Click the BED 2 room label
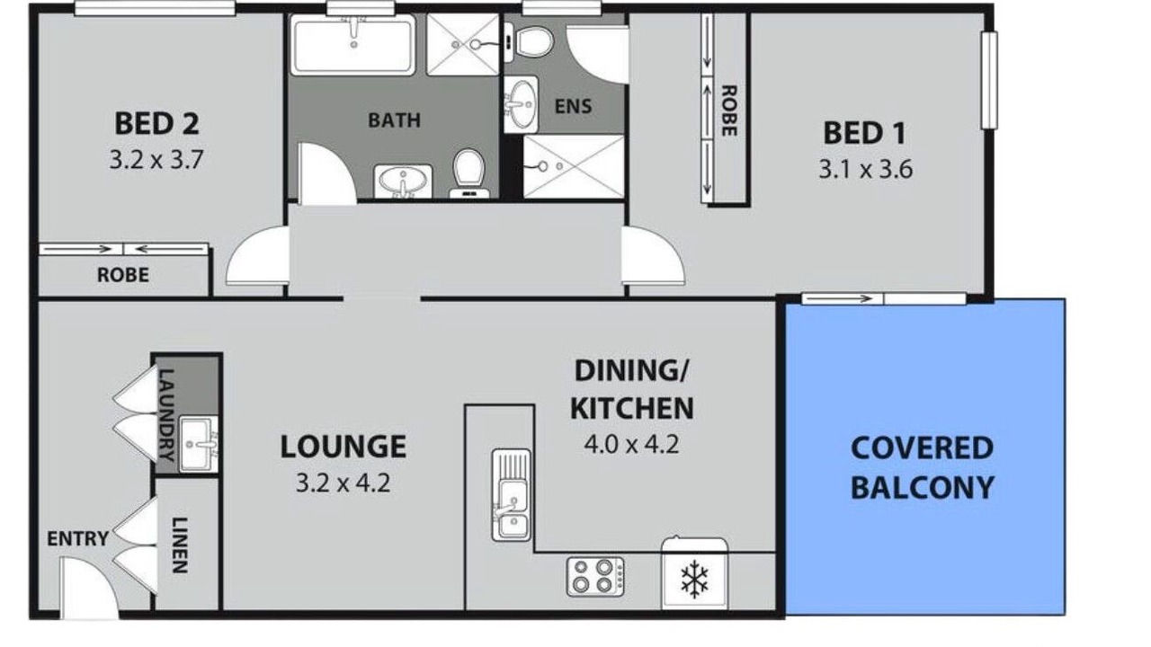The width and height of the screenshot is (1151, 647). coord(156,124)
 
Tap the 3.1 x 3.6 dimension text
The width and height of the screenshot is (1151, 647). coord(865,170)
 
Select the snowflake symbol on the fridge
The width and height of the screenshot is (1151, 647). coord(694,580)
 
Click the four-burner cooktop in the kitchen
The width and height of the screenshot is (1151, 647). coord(595,577)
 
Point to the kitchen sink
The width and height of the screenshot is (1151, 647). coord(512,495)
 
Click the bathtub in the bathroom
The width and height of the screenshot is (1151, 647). coord(353,45)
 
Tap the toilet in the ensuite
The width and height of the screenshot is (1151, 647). coord(530,42)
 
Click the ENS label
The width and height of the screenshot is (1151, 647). coord(574,106)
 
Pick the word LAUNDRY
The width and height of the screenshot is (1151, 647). coord(167,415)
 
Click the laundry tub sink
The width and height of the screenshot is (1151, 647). coord(199,444)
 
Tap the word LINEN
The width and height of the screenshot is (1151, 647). coord(179,545)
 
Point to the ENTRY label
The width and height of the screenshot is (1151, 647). coord(77,538)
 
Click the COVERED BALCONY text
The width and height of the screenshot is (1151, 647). coord(923,467)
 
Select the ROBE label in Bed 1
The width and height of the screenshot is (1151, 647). coord(729,111)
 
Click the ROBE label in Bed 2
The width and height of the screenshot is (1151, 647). coord(123,275)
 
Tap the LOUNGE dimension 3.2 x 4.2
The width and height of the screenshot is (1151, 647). coord(344,483)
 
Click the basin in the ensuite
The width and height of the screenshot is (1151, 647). coord(521,104)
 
